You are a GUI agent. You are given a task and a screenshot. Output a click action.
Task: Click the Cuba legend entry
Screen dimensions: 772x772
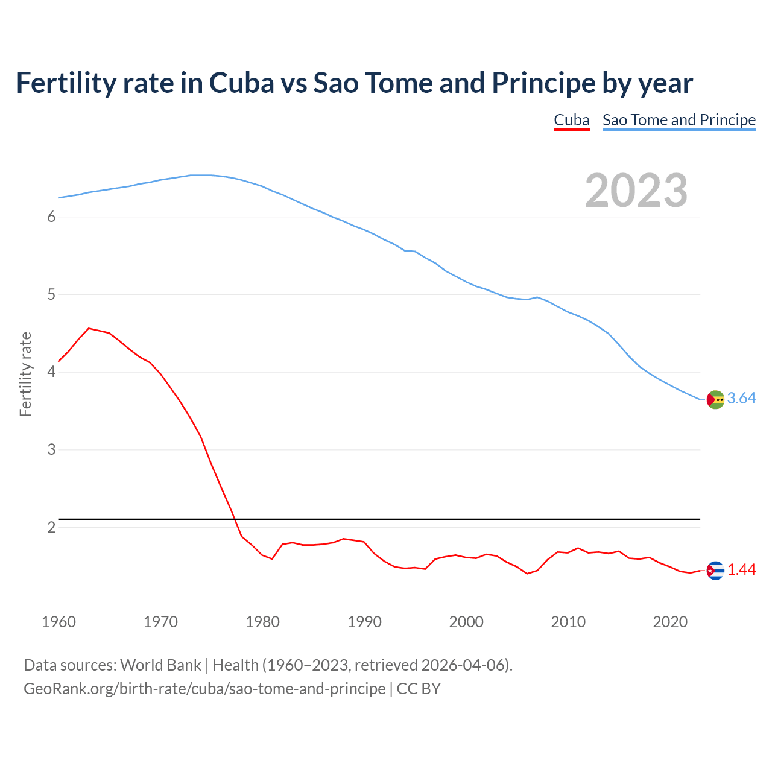[x=571, y=120]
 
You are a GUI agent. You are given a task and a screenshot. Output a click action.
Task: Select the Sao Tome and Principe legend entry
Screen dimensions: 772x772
[x=679, y=120]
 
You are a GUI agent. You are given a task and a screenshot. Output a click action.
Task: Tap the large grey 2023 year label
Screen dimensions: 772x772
[x=636, y=191]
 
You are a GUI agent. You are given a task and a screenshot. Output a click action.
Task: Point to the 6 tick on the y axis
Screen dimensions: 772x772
[x=51, y=217]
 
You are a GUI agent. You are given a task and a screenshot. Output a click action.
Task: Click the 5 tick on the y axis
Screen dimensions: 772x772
[x=51, y=294]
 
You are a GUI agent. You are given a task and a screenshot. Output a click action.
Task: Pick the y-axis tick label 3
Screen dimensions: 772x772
[x=51, y=449]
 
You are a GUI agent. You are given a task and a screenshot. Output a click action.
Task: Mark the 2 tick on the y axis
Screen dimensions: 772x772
[x=51, y=527]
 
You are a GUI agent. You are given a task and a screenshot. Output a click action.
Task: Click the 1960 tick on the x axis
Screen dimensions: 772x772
[x=59, y=622]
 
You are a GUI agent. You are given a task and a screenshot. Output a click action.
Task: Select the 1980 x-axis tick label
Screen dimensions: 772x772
[x=262, y=622]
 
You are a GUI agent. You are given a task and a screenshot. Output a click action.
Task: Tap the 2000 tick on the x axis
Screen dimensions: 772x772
[x=466, y=622]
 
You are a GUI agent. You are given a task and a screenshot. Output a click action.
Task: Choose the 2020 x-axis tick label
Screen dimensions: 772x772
[x=670, y=622]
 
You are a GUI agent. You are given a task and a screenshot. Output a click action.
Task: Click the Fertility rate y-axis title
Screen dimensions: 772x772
[x=25, y=374]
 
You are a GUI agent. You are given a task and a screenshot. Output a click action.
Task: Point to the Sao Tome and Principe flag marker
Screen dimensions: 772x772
[x=715, y=399]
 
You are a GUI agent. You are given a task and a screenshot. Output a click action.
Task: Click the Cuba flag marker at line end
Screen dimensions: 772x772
[x=715, y=571]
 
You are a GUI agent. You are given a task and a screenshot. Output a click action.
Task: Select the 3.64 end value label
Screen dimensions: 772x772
[x=741, y=399]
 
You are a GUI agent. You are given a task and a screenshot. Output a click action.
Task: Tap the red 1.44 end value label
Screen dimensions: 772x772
[x=741, y=570]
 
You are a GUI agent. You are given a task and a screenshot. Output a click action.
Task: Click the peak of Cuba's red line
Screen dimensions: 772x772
[x=89, y=328]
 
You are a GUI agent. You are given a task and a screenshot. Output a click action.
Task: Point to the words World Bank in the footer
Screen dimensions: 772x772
[x=160, y=665]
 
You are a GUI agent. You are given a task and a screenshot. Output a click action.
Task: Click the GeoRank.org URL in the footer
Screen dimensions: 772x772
[x=204, y=688]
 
